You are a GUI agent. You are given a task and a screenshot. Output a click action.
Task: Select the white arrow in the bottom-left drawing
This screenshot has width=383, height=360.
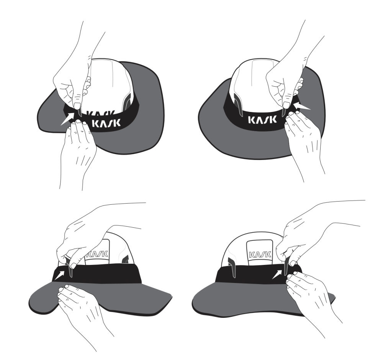pos(59,275)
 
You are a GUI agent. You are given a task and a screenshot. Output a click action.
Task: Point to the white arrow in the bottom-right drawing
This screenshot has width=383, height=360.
pos(277,274)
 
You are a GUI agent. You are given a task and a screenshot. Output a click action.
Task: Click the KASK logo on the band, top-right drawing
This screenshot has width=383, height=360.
pos(262,120)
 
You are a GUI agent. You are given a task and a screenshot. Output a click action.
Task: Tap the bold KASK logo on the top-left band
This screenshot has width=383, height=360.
pos(106,123)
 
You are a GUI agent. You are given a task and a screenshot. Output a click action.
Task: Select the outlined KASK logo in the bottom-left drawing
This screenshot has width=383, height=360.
pos(97,254)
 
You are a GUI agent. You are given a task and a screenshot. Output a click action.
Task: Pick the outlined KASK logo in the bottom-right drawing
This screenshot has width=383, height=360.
pos(260,255)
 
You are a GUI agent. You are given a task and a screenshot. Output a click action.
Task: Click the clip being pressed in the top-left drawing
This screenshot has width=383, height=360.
pos(79,112)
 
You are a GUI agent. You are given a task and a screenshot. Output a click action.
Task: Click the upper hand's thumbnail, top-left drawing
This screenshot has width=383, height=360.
pos(77,106)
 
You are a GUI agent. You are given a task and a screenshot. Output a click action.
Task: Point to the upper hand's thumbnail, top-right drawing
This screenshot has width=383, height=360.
pos(286,105)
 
